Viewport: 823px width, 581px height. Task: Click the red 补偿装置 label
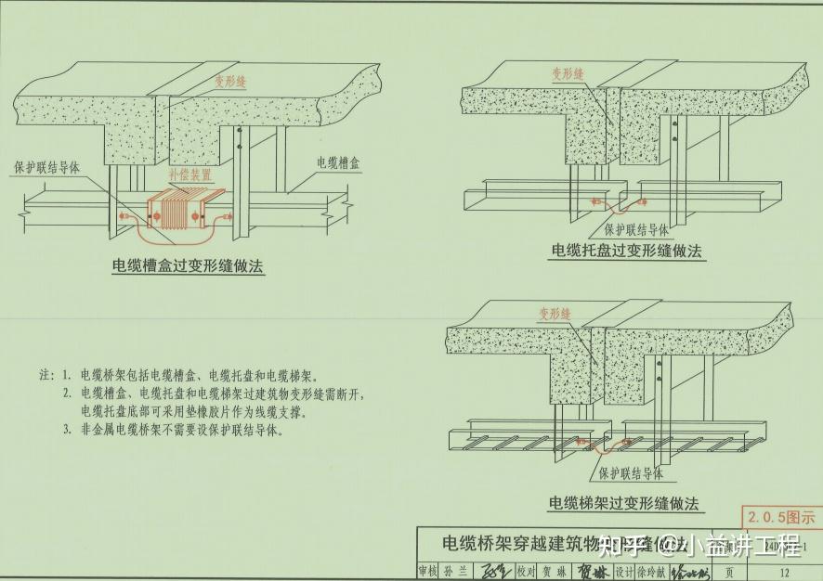pyautogui.click(x=190, y=174)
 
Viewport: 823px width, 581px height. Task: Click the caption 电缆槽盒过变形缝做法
pyautogui.click(x=189, y=266)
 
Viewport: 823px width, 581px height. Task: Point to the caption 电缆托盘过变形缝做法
pyautogui.click(x=627, y=251)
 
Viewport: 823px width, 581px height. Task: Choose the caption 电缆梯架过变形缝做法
pyautogui.click(x=623, y=504)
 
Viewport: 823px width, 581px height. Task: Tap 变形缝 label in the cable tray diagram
pyautogui.click(x=567, y=72)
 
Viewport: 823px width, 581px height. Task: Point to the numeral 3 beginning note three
pyautogui.click(x=67, y=431)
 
